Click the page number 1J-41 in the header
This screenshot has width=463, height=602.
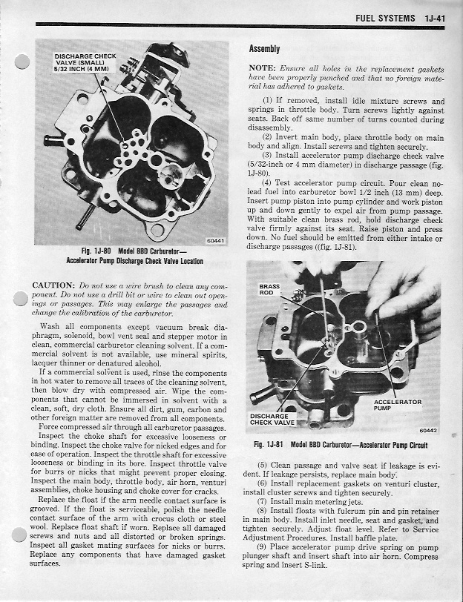click(428, 17)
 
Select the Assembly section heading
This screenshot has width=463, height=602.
click(264, 49)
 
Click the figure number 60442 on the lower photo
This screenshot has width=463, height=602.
click(428, 430)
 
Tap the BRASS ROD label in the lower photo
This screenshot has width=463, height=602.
click(269, 289)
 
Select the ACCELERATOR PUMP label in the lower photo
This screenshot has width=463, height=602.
click(397, 405)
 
